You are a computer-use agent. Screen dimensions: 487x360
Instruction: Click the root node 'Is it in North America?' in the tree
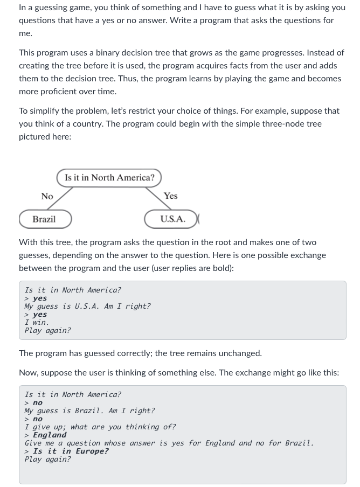[x=109, y=178]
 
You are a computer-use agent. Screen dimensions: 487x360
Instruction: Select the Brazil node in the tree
[x=44, y=219]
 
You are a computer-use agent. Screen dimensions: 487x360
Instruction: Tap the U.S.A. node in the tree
[x=172, y=219]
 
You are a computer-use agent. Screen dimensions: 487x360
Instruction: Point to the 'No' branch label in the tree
[x=47, y=197]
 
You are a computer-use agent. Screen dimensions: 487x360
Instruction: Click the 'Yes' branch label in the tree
[x=170, y=196]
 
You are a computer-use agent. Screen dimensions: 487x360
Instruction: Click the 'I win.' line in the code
[x=37, y=322]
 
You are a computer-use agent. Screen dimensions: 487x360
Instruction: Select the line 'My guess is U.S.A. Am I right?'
[x=87, y=306]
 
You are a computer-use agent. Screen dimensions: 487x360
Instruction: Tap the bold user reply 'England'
[x=50, y=435]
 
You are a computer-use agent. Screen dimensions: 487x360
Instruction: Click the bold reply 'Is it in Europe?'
[x=71, y=451]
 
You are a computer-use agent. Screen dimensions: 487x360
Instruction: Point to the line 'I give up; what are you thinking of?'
[x=100, y=427]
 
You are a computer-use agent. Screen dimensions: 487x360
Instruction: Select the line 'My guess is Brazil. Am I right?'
[x=89, y=411]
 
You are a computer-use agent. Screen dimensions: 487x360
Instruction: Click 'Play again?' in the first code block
[x=47, y=330]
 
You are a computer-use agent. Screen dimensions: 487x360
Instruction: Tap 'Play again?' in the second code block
[x=47, y=459]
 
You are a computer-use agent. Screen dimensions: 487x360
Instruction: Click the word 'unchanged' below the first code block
[x=240, y=353]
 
